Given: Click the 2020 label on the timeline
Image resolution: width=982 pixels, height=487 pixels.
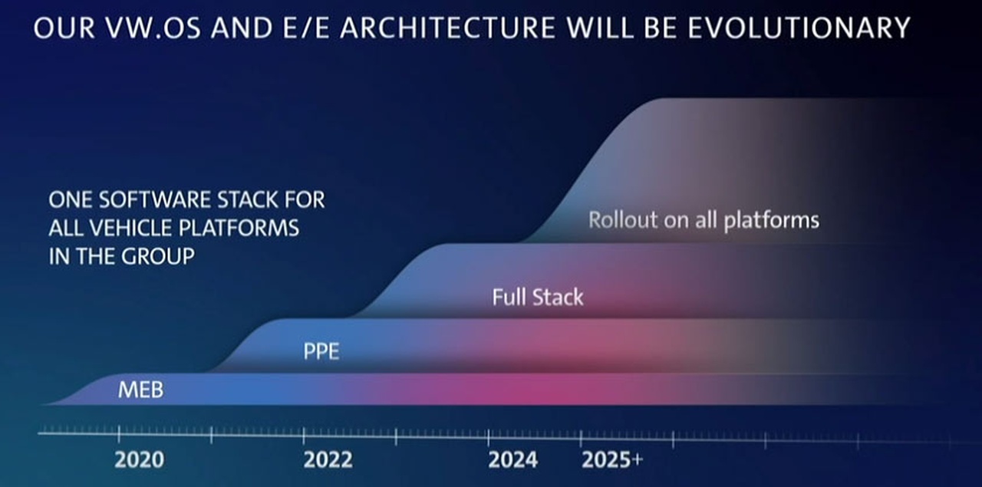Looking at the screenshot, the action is coord(140,460).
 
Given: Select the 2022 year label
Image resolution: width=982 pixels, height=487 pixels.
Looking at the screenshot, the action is coord(328,460).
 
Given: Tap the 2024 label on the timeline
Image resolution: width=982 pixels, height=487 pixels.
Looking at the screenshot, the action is coord(513,460).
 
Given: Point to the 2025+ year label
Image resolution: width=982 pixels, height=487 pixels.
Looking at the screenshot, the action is coord(612,460).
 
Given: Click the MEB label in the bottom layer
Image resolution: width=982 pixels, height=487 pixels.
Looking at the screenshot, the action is coord(140,390).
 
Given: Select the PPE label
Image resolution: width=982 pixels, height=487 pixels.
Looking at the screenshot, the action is coord(321,351).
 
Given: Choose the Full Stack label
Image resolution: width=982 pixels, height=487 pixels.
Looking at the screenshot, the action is coord(538,298).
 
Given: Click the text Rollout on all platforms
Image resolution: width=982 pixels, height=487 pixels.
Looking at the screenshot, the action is coord(704,220).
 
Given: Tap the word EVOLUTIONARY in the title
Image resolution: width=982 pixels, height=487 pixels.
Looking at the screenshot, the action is coord(799,28).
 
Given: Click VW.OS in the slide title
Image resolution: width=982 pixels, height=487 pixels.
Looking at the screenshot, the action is coord(153,28).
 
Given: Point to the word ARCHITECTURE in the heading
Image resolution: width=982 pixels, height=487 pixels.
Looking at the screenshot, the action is coord(447,28).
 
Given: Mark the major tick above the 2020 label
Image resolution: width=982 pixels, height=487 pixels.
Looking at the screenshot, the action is coord(119,434).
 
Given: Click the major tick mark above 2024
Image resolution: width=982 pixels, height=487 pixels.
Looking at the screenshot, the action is coord(489,437).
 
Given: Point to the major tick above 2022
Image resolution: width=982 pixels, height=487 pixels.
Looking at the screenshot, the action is coord(303,436).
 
